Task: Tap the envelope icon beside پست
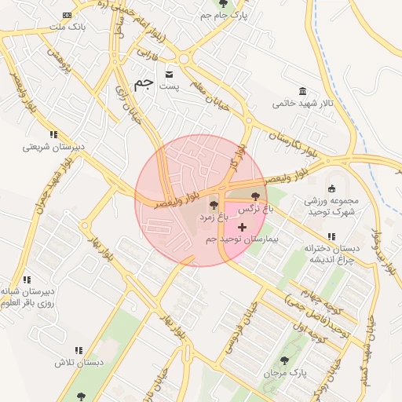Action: point(169,75)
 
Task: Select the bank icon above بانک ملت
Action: point(68,15)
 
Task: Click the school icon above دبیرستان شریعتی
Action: point(53,134)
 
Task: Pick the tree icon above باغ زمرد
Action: point(214,205)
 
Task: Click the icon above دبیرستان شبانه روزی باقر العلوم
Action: point(27,279)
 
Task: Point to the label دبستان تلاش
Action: point(79,363)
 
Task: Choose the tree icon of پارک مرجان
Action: point(284,360)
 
